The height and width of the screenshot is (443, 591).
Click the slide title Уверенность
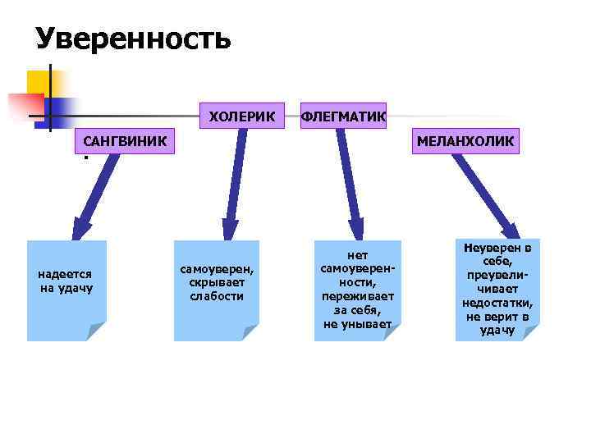point(133,39)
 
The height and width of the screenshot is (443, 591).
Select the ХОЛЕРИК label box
point(242,116)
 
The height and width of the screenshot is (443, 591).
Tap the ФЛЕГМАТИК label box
point(344,116)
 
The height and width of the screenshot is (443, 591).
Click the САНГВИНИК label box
point(125,141)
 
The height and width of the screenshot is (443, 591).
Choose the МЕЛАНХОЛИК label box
point(465,141)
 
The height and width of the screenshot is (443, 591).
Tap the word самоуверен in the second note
point(217,268)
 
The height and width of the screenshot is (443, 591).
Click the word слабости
point(217,296)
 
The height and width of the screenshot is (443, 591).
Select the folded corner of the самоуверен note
point(250,332)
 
